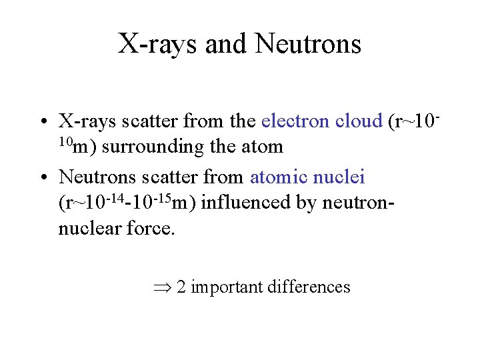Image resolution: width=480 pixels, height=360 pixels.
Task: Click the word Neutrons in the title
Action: click(x=308, y=45)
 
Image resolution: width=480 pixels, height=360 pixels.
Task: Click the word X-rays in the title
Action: click(x=158, y=45)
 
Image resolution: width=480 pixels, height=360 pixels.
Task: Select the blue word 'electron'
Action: click(x=295, y=121)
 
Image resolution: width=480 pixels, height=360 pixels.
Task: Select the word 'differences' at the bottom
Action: click(x=309, y=287)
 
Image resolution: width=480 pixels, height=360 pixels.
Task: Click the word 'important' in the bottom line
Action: click(x=227, y=287)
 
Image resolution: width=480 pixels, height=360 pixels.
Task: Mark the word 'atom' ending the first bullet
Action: click(x=265, y=147)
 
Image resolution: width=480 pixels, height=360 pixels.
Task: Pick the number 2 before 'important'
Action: click(x=181, y=287)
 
